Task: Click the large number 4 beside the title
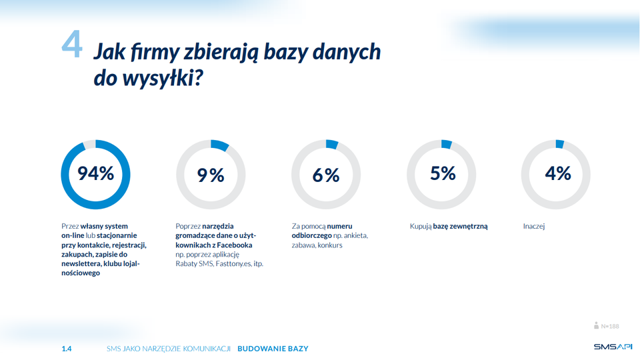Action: [x=72, y=44]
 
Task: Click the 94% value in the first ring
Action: [x=96, y=173]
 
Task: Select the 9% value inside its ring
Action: [x=211, y=175]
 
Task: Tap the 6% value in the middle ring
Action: [x=326, y=175]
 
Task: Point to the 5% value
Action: [x=443, y=173]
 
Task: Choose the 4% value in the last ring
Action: [x=558, y=173]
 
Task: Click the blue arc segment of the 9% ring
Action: [x=219, y=145]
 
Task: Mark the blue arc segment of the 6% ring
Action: [x=332, y=144]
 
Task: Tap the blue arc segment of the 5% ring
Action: [x=447, y=144]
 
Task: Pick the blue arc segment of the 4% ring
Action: [x=559, y=144]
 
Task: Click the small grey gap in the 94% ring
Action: [x=89, y=145]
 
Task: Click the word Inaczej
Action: [x=534, y=226]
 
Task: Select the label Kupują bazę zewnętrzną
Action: [x=449, y=227]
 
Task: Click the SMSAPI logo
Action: [x=613, y=347]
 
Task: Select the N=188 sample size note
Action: [x=607, y=326]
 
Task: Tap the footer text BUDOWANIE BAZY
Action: [x=273, y=349]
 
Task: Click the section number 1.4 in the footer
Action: [x=67, y=349]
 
